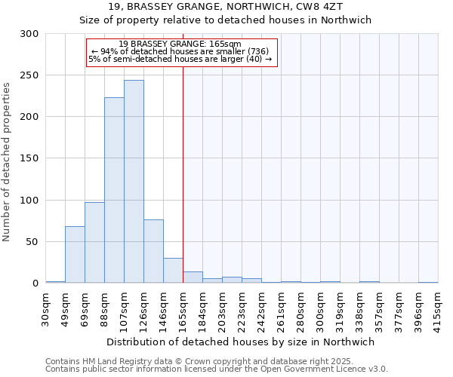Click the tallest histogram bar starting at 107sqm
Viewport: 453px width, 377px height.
134,182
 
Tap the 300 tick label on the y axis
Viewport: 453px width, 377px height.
29,34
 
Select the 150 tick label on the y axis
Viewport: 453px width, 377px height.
29,158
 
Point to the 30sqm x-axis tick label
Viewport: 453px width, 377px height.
46,308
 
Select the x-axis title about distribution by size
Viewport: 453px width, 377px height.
241,342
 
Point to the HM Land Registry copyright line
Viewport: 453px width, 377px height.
211,362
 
